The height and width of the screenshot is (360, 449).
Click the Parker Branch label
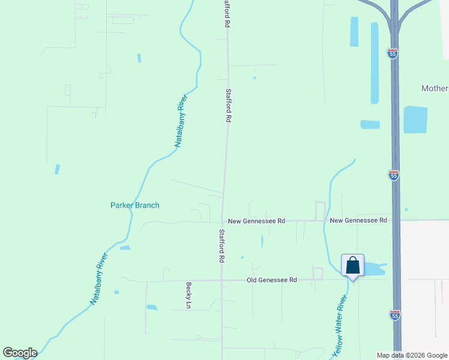[x=135, y=205]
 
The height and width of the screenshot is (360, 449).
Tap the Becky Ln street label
[x=188, y=296]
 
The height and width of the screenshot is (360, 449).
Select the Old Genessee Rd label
[x=273, y=280]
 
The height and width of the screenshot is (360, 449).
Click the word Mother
[x=435, y=88]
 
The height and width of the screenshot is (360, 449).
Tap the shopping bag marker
[x=352, y=265]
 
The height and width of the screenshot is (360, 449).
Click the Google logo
[x=20, y=353]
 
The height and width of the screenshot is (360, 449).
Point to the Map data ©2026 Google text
[x=412, y=355]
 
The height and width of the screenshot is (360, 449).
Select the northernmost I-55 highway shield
[x=393, y=53]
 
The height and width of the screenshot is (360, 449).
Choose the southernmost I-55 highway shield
[x=394, y=314]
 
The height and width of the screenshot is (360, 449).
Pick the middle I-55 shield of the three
[x=394, y=175]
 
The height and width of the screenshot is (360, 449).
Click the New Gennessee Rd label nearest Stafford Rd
[x=256, y=221]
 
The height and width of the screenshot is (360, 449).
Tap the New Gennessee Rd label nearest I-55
[x=358, y=220]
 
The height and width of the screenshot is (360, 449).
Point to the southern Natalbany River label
[x=99, y=279]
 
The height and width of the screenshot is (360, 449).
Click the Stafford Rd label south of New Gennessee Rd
[x=221, y=246]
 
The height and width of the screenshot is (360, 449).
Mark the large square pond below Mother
[x=415, y=119]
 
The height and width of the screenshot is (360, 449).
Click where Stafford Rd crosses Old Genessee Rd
[x=221, y=280]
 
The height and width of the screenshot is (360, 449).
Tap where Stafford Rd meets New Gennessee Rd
[x=222, y=221]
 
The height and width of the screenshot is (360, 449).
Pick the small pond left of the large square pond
[x=370, y=125]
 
